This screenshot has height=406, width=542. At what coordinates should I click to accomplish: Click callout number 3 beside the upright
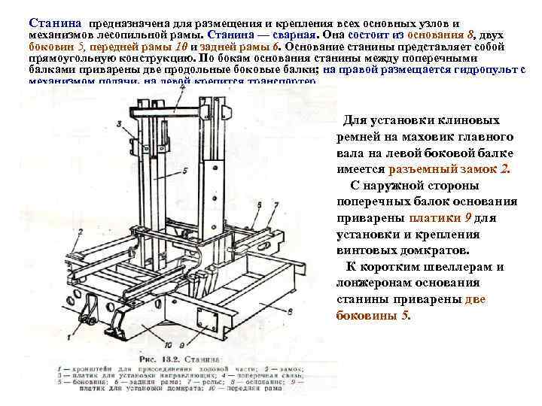[x=120, y=124]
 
